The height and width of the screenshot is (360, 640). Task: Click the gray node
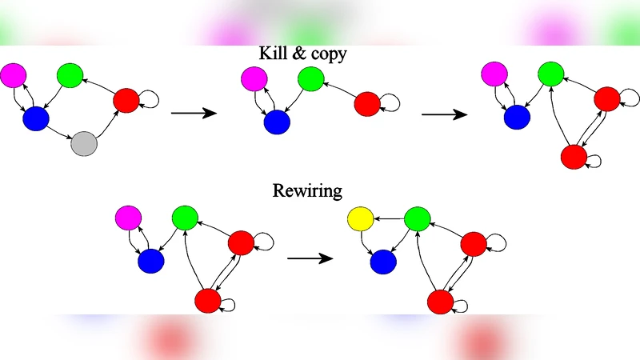coord(84,144)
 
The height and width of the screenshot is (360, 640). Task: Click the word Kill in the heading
coord(272,53)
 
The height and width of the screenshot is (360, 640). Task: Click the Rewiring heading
coord(307,190)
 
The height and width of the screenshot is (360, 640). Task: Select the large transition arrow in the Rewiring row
coord(310,258)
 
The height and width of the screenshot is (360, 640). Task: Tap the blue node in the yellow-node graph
coord(382,261)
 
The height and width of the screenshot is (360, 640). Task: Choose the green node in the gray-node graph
coord(70,76)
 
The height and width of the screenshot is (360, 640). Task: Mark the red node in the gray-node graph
coord(126,101)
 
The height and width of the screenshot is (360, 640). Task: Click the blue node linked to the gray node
coord(36,119)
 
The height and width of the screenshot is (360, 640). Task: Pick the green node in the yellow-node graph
coord(417,218)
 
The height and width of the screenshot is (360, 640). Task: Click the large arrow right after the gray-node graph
coord(194,114)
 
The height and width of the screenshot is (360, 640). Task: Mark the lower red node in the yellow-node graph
coord(440,302)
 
